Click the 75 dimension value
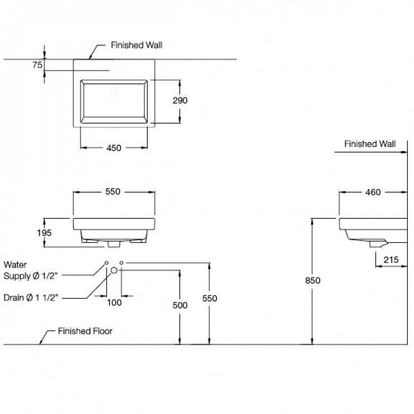pyautogui.click(x=37, y=65)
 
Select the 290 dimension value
pyautogui.click(x=180, y=101)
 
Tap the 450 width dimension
pyautogui.click(x=114, y=148)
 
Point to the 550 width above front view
pyautogui.click(x=114, y=191)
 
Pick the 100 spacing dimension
pyautogui.click(x=114, y=302)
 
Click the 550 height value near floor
pyautogui.click(x=209, y=298)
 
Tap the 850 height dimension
pyautogui.click(x=313, y=280)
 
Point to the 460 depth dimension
pyautogui.click(x=373, y=192)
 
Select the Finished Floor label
pyautogui.click(x=85, y=331)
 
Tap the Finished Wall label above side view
pyautogui.click(x=369, y=144)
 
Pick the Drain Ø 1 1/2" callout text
pyautogui.click(x=30, y=298)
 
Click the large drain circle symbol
pyautogui.click(x=114, y=270)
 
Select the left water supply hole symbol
pyautogui.click(x=106, y=262)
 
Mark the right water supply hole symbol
pyautogui.click(x=123, y=262)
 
